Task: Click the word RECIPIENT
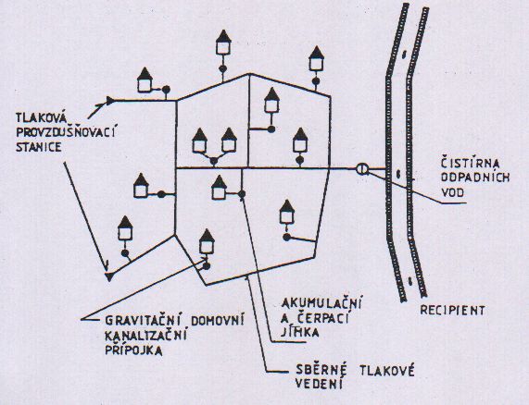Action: pyautogui.click(x=452, y=310)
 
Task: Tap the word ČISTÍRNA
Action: pyautogui.click(x=471, y=163)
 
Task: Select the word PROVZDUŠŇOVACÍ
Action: pyautogui.click(x=66, y=132)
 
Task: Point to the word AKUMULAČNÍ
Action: pyautogui.click(x=321, y=303)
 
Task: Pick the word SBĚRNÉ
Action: pyautogui.click(x=321, y=370)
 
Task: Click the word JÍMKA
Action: pyautogui.click(x=300, y=332)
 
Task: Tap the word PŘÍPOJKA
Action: pyautogui.click(x=133, y=350)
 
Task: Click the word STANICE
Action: pyautogui.click(x=39, y=147)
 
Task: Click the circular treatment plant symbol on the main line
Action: pyautogui.click(x=362, y=168)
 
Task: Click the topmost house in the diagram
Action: pyautogui.click(x=223, y=43)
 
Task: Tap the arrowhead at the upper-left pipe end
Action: pyautogui.click(x=110, y=100)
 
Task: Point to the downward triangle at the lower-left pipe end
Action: pyautogui.click(x=108, y=276)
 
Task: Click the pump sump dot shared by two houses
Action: pyautogui.click(x=214, y=161)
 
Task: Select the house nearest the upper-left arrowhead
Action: pyautogui.click(x=145, y=80)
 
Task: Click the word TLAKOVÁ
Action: pyautogui.click(x=43, y=117)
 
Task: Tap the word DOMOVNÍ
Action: pyautogui.click(x=218, y=320)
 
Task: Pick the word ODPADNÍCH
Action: pyautogui.click(x=475, y=178)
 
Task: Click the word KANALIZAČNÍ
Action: pyautogui.click(x=145, y=335)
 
